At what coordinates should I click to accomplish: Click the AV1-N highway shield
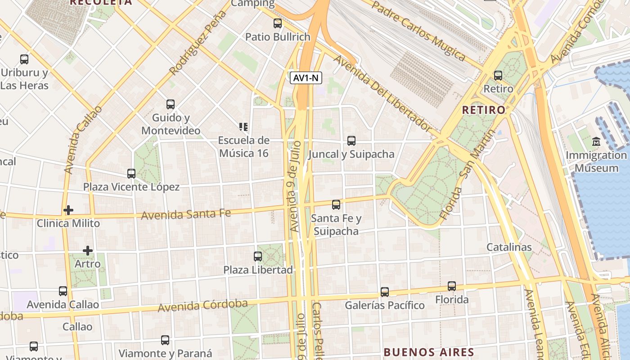tap(306, 78)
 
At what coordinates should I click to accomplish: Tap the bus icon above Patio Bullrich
tap(278, 23)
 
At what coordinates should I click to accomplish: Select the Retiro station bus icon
tap(498, 76)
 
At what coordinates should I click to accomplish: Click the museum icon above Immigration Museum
tap(597, 142)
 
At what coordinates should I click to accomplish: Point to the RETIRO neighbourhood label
tap(484, 110)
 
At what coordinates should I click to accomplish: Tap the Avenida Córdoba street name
tap(202, 306)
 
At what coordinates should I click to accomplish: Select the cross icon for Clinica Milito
tap(68, 210)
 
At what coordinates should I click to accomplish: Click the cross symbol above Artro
tap(88, 251)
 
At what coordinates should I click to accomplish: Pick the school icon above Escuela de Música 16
tap(243, 127)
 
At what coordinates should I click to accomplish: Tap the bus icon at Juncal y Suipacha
tap(351, 141)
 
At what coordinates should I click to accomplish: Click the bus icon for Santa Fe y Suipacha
tap(336, 205)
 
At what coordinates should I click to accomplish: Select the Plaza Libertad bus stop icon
tap(258, 256)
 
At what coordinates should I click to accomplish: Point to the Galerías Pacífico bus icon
tap(385, 292)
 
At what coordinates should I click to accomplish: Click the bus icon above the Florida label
tap(452, 286)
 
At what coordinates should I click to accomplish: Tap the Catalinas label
tap(509, 247)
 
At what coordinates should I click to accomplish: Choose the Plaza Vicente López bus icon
tap(131, 174)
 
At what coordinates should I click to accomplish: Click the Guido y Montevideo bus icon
tap(171, 104)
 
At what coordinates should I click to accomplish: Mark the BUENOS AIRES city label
tap(429, 352)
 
